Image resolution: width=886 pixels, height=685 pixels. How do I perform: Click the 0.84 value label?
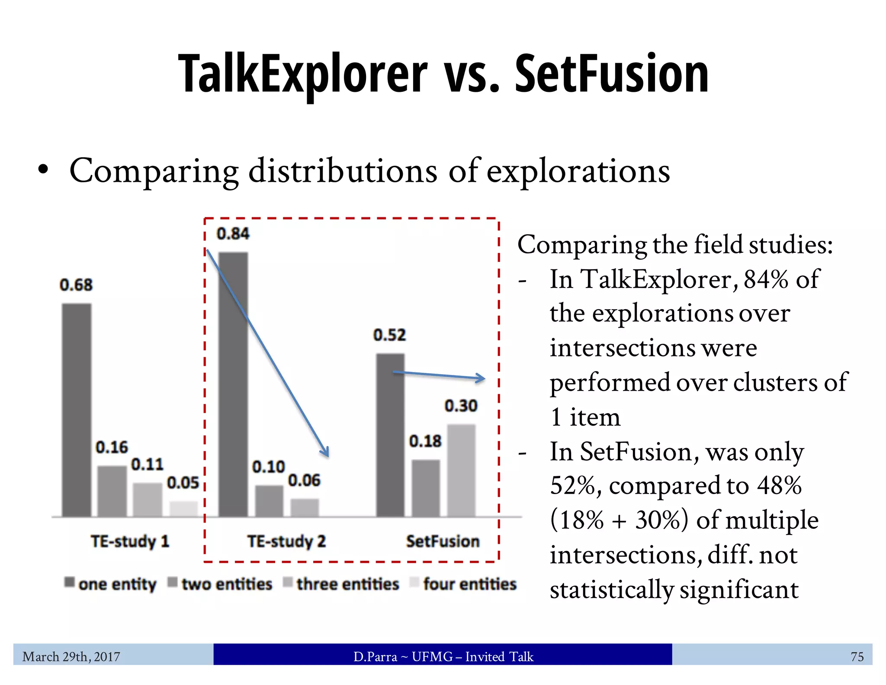[233, 234]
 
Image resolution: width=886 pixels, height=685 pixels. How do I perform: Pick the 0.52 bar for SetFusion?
[390, 435]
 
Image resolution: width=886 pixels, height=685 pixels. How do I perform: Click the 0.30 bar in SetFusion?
[461, 470]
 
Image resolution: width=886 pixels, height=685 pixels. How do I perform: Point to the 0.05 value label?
[183, 483]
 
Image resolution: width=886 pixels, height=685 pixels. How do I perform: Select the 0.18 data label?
[425, 441]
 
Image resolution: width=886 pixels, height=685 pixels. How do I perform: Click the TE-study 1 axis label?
[130, 541]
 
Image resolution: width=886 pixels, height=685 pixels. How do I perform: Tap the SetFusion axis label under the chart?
[443, 541]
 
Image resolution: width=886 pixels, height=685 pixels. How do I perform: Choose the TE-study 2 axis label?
[286, 541]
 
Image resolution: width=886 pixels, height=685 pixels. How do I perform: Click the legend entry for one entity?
[110, 584]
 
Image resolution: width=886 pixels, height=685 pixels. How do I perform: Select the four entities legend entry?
[463, 584]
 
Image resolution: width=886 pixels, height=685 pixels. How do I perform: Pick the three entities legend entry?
[341, 584]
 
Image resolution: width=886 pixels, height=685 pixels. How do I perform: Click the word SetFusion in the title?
[611, 74]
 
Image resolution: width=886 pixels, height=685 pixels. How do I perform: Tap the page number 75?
[857, 656]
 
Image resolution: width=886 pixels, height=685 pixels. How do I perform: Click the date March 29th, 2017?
[71, 656]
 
